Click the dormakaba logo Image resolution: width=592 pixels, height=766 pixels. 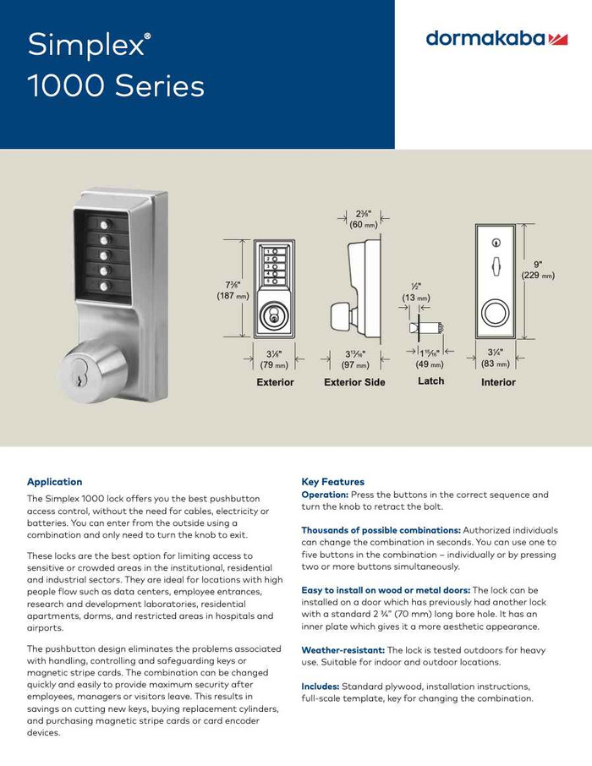tap(496, 39)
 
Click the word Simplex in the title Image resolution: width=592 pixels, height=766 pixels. tap(85, 46)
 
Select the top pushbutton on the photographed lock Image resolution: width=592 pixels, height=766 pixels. tap(104, 226)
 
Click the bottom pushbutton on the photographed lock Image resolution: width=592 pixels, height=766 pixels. tap(104, 287)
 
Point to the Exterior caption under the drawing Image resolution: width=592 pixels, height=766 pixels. tap(275, 383)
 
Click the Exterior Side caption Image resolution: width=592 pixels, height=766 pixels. tap(354, 383)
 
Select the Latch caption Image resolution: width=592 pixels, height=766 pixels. tap(431, 382)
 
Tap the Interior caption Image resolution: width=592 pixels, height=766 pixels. tap(498, 383)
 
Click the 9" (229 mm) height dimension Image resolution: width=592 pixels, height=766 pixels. tap(537, 270)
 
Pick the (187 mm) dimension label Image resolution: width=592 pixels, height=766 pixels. tap(232, 296)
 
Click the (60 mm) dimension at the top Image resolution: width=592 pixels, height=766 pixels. tap(363, 225)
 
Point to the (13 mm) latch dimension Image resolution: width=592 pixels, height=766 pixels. tap(416, 298)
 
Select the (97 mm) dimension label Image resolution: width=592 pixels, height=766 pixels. tap(354, 364)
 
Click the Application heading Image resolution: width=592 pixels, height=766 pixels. tap(55, 482)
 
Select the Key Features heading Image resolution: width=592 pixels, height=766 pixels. tap(332, 482)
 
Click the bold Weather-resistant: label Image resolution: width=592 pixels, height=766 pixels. tap(343, 649)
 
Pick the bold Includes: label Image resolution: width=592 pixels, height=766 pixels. tap(320, 686)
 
